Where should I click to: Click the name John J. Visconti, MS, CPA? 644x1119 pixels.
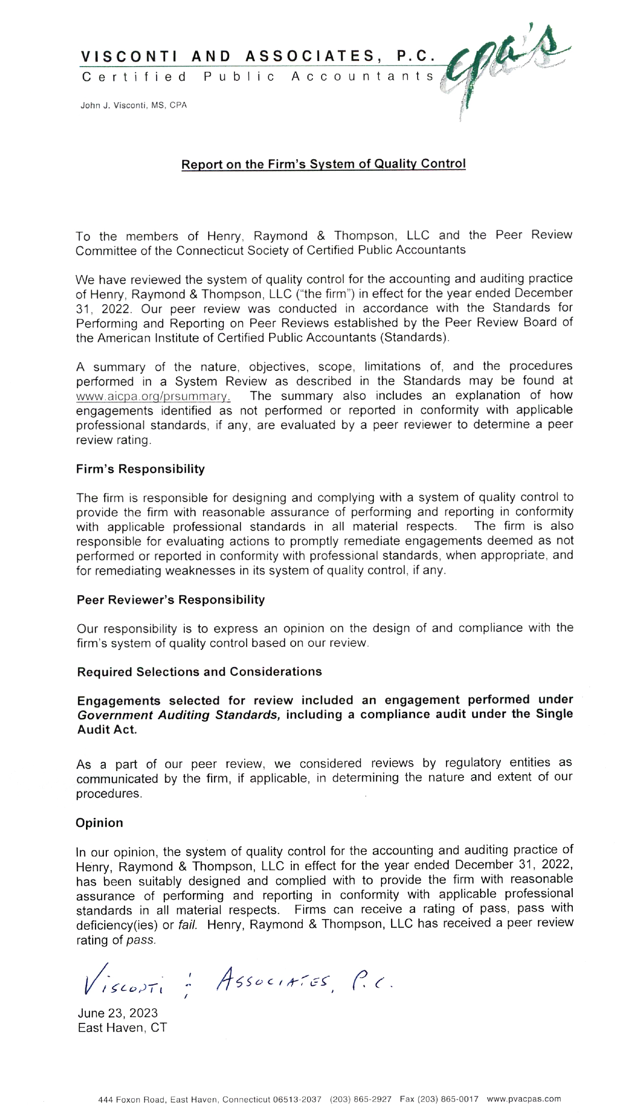[134, 106]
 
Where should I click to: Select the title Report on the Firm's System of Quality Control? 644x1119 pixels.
[324, 164]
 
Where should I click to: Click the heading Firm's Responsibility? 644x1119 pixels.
[140, 469]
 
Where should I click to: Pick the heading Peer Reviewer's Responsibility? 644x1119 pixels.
[170, 600]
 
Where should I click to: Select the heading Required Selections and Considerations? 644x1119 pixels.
[199, 672]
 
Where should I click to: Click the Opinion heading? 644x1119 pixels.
[99, 823]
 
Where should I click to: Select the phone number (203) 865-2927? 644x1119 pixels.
[361, 1099]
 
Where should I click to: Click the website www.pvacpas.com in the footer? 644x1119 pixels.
[524, 1099]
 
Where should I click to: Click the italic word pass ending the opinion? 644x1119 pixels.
[140, 940]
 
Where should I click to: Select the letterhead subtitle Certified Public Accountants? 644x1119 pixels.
[257, 77]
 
